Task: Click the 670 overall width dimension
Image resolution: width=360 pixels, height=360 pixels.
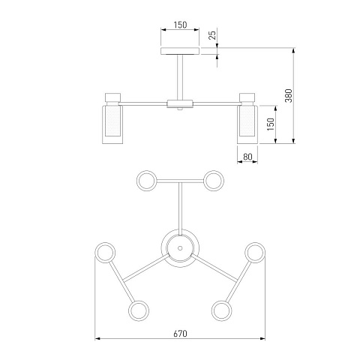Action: [180, 334]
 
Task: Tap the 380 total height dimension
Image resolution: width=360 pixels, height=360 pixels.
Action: [289, 95]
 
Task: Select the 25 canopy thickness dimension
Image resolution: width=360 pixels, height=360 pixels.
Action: [212, 35]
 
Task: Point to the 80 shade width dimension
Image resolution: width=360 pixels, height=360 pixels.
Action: [247, 157]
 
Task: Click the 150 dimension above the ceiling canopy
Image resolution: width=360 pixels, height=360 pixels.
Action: [180, 25]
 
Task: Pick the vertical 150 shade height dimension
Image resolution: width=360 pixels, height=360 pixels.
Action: [271, 124]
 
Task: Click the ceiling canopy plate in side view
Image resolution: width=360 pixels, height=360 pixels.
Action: [180, 51]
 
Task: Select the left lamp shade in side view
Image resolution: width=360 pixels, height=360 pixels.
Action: [112, 124]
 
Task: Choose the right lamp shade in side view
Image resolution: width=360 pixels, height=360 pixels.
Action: [247, 124]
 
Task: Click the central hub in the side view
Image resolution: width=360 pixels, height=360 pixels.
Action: [180, 103]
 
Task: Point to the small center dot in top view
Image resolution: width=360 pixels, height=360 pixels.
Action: [180, 248]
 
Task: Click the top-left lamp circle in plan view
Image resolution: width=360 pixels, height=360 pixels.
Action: [147, 181]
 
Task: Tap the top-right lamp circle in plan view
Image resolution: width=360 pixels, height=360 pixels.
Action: [214, 181]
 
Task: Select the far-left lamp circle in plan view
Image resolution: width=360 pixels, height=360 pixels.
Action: [105, 253]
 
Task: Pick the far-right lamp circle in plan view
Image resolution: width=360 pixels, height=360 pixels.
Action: [255, 253]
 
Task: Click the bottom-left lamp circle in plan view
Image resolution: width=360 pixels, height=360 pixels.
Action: [139, 310]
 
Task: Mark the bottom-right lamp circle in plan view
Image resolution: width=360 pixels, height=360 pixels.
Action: [221, 310]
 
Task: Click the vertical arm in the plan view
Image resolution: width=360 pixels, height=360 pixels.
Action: [180, 208]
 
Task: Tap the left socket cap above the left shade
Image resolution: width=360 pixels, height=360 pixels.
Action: [112, 97]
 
